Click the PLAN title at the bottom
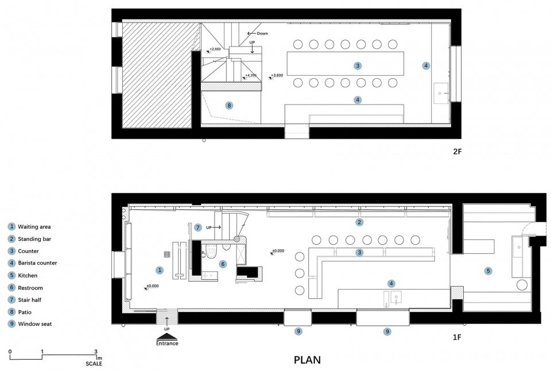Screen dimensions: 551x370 [307, 360]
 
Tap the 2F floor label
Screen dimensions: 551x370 [457, 152]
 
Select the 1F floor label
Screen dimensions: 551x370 [457, 337]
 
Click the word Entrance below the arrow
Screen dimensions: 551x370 [167, 343]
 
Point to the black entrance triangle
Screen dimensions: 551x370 [167, 337]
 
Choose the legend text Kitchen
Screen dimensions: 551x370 [28, 275]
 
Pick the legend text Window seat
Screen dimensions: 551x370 [35, 324]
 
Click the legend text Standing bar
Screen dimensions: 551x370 [34, 239]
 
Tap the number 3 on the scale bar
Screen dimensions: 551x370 [96, 352]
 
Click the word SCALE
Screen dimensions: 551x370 [94, 364]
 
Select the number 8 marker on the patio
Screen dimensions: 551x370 [229, 105]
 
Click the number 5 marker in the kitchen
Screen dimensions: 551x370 [488, 271]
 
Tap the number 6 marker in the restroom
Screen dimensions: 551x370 [223, 264]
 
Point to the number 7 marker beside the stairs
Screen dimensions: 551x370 [198, 228]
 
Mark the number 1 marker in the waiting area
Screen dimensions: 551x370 [160, 270]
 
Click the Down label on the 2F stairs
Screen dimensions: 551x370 [262, 33]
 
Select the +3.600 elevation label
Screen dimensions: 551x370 [277, 75]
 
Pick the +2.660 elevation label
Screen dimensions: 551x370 [215, 49]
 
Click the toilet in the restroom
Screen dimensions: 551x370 [211, 252]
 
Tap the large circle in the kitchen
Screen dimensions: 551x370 [522, 285]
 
